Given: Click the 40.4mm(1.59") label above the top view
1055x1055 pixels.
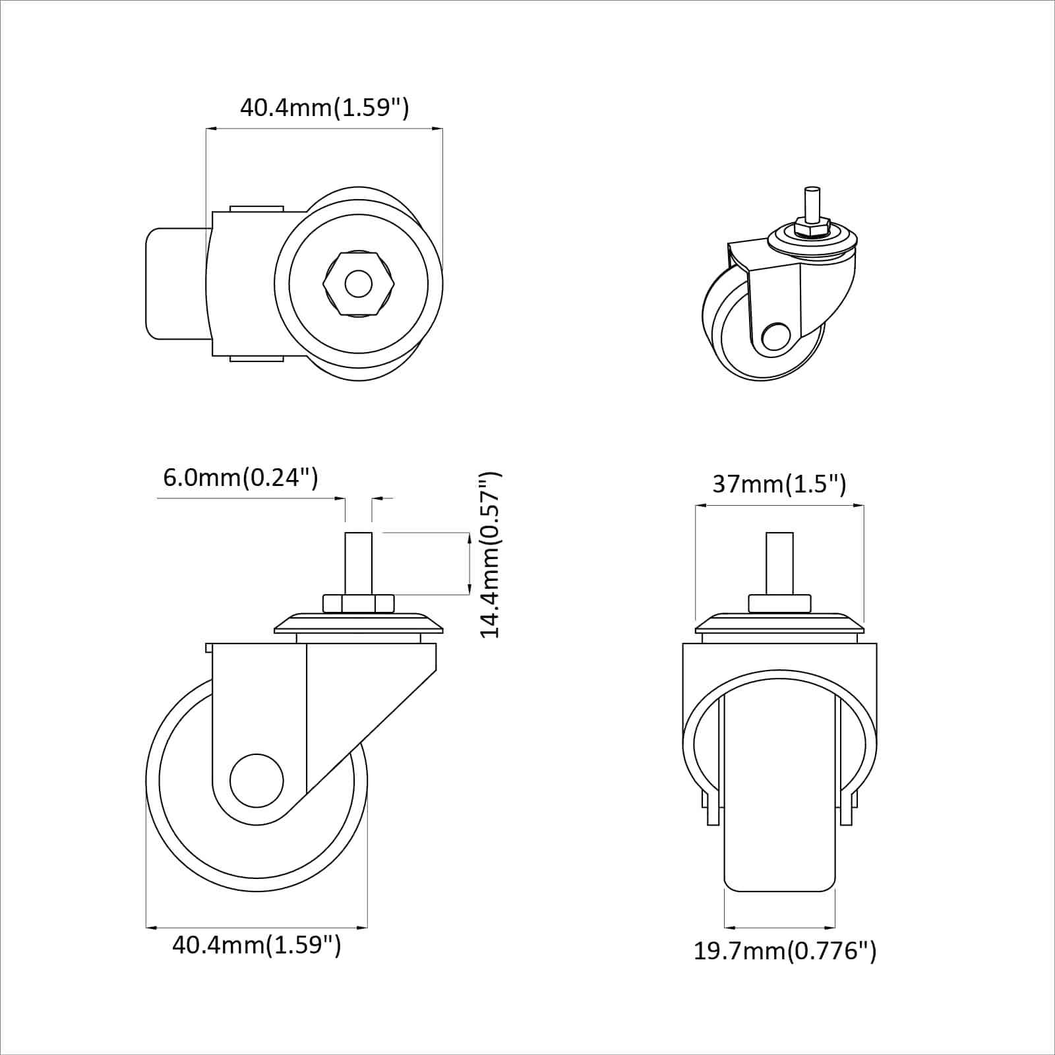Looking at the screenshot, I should click(324, 107).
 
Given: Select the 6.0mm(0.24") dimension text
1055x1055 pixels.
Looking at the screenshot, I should click(241, 477).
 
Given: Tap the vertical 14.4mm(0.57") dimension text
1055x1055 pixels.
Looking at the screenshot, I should click(491, 555).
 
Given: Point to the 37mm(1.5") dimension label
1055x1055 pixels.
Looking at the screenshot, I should click(779, 485).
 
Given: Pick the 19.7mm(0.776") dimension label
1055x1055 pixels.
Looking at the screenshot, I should click(785, 951).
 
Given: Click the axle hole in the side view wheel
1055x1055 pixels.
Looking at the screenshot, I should click(256, 781).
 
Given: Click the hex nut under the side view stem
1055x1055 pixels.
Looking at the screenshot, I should click(358, 603).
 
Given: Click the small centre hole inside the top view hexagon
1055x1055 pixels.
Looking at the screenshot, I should click(358, 284).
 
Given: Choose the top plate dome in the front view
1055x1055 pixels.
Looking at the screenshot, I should click(779, 623).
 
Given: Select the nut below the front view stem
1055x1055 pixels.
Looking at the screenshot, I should click(779, 603).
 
